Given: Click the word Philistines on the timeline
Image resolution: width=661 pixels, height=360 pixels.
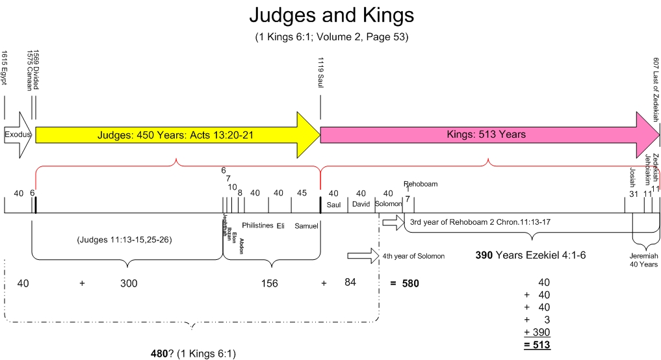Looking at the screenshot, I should pos(257,225).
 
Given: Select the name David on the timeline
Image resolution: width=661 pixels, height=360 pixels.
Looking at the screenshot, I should pos(361,204).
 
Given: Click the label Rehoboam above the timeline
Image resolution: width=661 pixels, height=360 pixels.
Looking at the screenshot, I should pos(421,184).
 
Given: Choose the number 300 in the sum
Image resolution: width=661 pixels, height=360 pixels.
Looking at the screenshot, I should pos(129,283).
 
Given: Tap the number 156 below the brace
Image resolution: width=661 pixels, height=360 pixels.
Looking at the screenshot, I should pos(269,283).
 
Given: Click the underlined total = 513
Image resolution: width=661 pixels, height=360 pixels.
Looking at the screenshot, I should pos(538,344).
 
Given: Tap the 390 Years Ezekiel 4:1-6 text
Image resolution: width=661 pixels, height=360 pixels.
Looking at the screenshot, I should pos(531,255).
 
